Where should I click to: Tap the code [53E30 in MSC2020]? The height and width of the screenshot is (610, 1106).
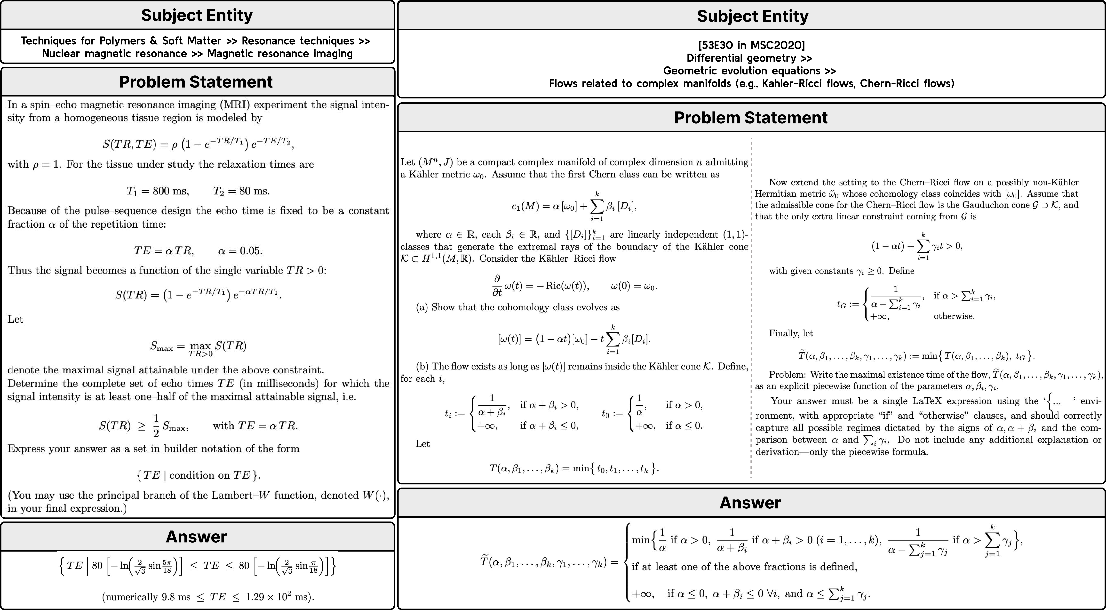coord(751,45)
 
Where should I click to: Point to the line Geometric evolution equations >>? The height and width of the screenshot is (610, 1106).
coord(749,71)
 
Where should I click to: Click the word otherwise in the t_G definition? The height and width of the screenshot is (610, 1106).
coord(954,316)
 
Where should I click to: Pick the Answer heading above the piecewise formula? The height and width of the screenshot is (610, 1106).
coord(750,503)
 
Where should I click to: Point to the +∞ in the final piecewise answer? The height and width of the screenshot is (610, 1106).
coord(643,594)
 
